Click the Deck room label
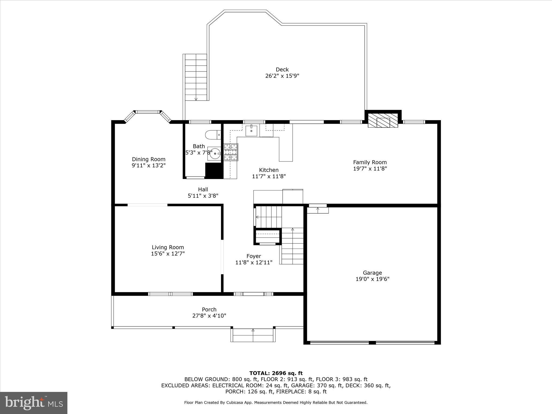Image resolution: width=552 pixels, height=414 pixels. tap(282, 70)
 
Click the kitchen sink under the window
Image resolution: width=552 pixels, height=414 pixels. tap(251, 131)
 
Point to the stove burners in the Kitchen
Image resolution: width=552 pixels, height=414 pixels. tap(231, 152)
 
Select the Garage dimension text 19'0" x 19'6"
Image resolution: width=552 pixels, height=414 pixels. tap(372, 279)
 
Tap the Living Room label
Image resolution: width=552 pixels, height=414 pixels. tap(168, 247)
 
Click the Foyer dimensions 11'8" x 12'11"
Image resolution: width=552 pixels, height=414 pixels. tap(254, 263)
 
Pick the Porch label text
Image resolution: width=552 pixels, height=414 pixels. tap(209, 309)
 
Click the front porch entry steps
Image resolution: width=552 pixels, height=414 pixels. tap(253, 335)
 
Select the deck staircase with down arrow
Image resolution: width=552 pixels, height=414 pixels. tap(196, 77)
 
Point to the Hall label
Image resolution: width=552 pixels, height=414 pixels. tap(203, 189)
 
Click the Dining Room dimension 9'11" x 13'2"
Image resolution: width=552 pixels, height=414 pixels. tap(149, 165)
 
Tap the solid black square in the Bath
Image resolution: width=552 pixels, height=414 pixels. tap(214, 171)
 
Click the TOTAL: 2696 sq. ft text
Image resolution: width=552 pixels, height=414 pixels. tap(276, 373)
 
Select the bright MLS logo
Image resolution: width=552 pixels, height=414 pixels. tap(34, 403)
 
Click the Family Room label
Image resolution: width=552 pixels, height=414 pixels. tap(370, 162)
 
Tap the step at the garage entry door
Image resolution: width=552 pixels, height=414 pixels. tap(318, 210)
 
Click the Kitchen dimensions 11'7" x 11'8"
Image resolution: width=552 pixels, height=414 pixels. tap(269, 176)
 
